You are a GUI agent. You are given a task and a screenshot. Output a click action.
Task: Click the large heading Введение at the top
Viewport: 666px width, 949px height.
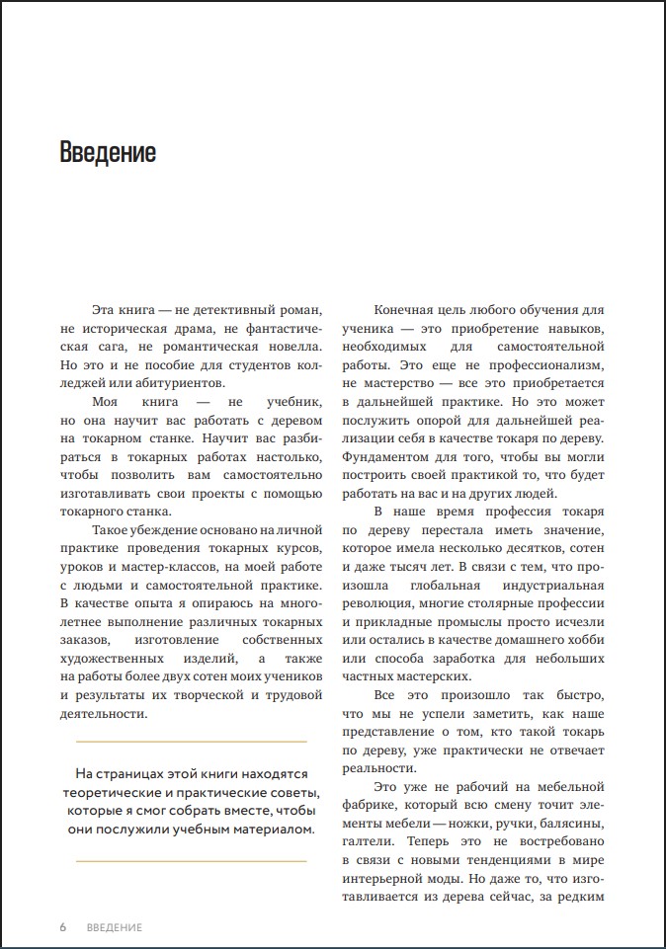tap(108, 153)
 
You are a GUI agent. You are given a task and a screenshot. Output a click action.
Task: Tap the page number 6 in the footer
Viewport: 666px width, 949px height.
tap(63, 927)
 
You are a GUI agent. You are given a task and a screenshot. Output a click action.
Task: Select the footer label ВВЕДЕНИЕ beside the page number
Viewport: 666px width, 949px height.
tap(115, 927)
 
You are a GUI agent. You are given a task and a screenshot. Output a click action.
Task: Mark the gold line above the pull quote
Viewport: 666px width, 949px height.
tap(191, 741)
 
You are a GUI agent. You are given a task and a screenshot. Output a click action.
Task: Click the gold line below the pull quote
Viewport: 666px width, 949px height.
tap(191, 861)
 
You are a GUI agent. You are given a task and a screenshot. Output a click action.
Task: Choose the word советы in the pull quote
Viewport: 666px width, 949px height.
tap(293, 792)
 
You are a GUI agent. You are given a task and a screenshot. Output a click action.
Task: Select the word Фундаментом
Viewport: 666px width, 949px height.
tap(388, 457)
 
